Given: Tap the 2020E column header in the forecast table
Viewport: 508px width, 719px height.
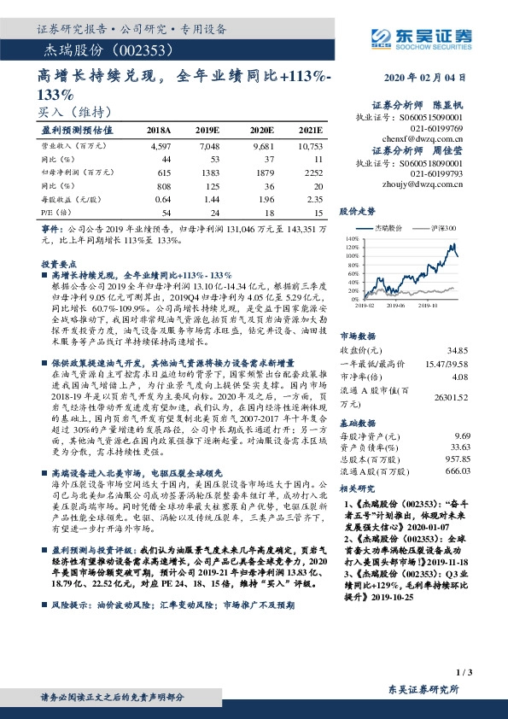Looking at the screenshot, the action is click(260, 130).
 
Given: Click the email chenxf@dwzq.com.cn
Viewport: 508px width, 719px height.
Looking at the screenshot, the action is click(434, 136).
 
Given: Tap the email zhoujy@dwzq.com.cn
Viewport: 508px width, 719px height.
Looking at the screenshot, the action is click(433, 181).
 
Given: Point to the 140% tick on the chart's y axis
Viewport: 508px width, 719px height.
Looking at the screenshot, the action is click(349, 240).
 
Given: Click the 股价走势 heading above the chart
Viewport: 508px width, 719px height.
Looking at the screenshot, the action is click(358, 210).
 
